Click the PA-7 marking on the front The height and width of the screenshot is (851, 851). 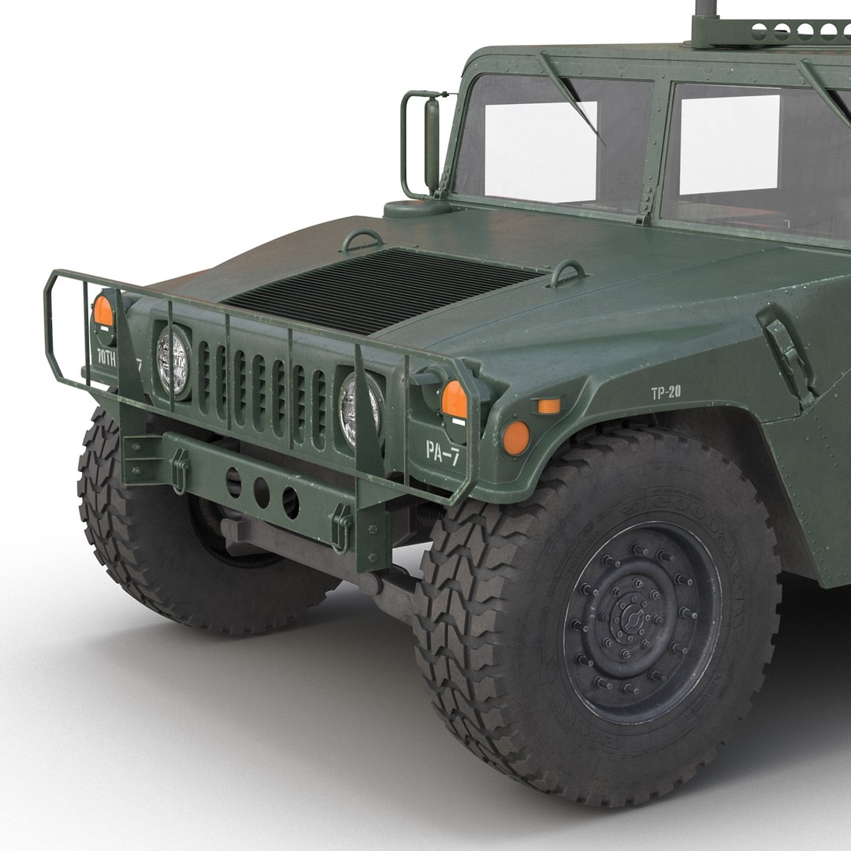tap(442, 451)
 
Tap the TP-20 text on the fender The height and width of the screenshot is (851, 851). tap(665, 392)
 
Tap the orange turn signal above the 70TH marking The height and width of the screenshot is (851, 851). tap(104, 311)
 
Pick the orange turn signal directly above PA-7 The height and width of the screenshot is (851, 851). tap(454, 399)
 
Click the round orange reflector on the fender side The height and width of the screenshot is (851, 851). tap(515, 437)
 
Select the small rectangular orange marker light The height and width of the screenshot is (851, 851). tap(547, 406)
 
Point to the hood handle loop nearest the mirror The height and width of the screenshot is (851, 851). tap(362, 240)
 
